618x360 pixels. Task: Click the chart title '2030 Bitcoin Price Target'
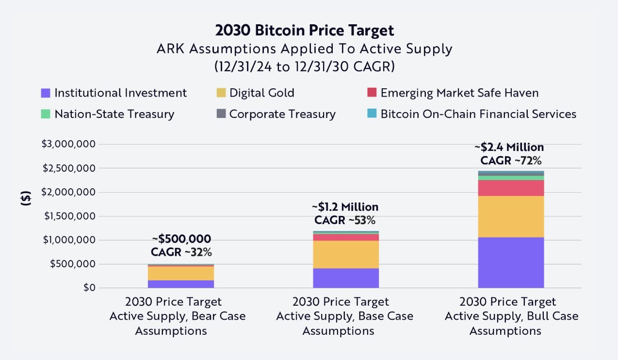[x=305, y=31]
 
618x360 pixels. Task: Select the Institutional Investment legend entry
[x=114, y=93]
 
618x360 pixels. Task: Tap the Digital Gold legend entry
[x=255, y=93]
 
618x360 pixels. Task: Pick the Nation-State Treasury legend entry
[x=108, y=114]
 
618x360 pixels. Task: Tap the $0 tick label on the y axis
[x=88, y=288]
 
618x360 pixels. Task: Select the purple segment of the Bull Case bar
[x=511, y=262]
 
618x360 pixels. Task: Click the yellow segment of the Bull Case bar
[x=511, y=216]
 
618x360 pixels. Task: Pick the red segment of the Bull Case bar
[x=511, y=188]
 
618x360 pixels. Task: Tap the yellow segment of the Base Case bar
[x=345, y=254]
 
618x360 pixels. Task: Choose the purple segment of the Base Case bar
[x=345, y=278]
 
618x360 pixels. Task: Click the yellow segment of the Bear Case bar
[x=181, y=273]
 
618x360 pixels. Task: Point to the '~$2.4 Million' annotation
[x=509, y=147]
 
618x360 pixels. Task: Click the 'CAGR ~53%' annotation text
[x=344, y=220]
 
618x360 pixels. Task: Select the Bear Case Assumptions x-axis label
[x=178, y=316]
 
